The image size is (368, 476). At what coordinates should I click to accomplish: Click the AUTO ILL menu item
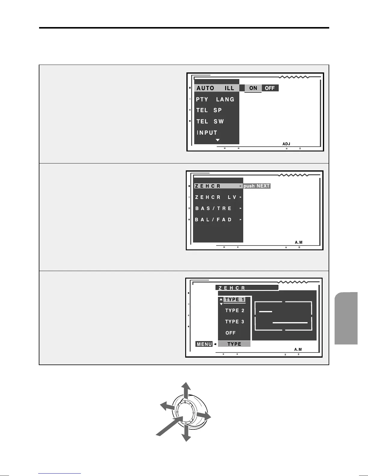(x=215, y=88)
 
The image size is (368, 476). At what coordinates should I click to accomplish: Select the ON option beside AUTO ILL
(x=253, y=88)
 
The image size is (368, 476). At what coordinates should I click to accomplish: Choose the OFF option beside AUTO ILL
(x=270, y=88)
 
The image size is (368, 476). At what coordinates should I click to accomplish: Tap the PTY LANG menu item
(x=215, y=99)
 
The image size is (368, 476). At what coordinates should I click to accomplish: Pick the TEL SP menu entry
(x=209, y=110)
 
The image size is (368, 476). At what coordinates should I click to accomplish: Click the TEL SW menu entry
(x=210, y=121)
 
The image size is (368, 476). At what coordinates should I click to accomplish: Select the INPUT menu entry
(x=207, y=133)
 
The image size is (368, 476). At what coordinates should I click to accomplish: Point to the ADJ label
(x=286, y=144)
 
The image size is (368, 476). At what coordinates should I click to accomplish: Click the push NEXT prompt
(x=257, y=186)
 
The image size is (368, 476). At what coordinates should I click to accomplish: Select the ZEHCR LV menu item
(x=216, y=197)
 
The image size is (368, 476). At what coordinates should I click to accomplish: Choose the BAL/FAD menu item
(x=213, y=220)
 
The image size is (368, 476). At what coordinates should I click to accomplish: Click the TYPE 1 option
(x=235, y=300)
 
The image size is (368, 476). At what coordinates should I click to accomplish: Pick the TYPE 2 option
(x=235, y=311)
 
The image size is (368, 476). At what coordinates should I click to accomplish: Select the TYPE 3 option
(x=235, y=322)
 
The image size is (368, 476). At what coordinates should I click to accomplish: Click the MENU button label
(x=204, y=344)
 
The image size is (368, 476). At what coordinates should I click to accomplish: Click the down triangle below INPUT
(x=218, y=140)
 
